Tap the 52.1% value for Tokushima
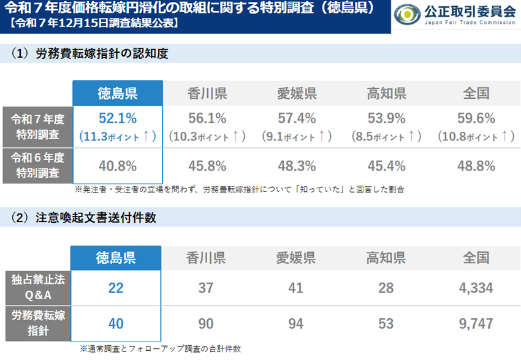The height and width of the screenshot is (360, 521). coord(117,118)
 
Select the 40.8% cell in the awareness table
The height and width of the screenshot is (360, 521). coord(117,166)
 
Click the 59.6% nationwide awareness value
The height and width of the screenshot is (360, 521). coord(476,118)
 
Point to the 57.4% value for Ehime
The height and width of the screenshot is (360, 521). coord(296,118)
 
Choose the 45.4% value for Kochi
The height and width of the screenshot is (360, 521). coord(386,166)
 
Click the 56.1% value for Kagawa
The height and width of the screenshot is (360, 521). coord(207,118)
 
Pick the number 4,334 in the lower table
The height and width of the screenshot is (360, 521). coord(476,288)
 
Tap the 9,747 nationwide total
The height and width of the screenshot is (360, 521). coord(476,323)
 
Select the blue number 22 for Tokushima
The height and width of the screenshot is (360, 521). coord(116,288)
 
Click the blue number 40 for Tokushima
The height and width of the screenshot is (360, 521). coord(116,323)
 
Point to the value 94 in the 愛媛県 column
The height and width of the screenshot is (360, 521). coord(296,323)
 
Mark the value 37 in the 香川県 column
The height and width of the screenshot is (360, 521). coord(207,288)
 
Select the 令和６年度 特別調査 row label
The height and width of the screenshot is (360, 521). coord(37,165)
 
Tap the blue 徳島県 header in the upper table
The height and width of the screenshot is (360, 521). coord(117,93)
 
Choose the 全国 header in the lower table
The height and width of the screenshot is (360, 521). coord(476,258)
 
